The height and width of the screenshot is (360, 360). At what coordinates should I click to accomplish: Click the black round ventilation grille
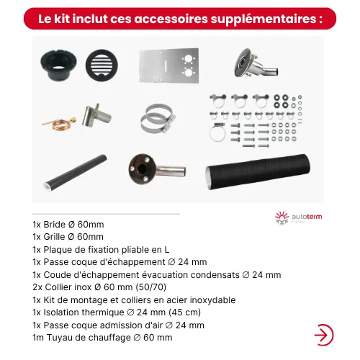(x=102, y=66)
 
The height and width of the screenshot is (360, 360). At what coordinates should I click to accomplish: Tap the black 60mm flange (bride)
(x=58, y=65)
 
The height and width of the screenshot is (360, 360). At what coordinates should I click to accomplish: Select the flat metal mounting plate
(x=169, y=66)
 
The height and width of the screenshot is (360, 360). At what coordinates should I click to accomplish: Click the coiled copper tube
(x=59, y=123)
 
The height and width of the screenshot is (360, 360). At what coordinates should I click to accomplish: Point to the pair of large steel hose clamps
(x=158, y=119)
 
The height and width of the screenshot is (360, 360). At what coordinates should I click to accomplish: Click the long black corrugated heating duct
(x=258, y=172)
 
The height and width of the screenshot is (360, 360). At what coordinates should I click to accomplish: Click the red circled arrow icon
(x=324, y=335)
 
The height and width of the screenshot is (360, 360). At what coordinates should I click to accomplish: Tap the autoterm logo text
(x=307, y=217)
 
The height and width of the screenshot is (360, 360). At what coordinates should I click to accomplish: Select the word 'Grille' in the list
(x=54, y=237)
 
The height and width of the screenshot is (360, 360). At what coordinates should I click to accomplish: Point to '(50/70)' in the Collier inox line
(x=151, y=287)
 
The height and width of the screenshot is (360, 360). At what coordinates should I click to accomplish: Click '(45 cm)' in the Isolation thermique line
(x=184, y=312)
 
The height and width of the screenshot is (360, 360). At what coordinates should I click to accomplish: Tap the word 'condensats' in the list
(x=215, y=275)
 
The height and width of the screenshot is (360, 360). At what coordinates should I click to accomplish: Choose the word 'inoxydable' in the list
(x=212, y=300)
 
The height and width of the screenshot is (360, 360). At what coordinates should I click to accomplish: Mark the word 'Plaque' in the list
(x=58, y=250)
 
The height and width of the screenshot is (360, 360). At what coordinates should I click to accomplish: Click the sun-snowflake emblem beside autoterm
(x=282, y=218)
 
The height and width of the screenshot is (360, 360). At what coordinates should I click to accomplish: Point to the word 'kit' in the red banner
(x=62, y=19)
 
